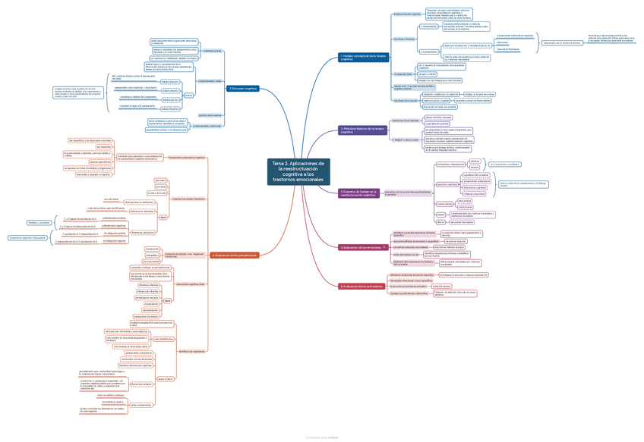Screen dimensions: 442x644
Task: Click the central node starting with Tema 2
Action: (299, 172)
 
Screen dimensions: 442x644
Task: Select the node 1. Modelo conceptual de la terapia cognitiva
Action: (363, 57)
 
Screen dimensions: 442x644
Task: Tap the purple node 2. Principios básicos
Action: (357, 130)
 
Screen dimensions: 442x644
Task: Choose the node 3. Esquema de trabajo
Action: (358, 193)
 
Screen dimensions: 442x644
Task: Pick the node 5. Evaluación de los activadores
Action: (362, 286)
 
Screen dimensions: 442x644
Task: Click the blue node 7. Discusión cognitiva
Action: (243, 89)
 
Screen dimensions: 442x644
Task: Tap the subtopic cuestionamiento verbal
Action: (210, 81)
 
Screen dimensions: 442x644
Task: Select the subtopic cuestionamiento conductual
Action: (208, 125)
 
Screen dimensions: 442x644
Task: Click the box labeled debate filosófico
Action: (171, 110)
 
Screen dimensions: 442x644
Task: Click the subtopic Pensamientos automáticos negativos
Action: (185, 157)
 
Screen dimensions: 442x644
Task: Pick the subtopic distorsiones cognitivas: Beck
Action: (191, 284)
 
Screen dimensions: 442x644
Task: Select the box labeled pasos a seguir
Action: (165, 378)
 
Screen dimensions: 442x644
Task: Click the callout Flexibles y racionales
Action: (39, 223)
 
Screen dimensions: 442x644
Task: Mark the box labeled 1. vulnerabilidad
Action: (408, 26)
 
